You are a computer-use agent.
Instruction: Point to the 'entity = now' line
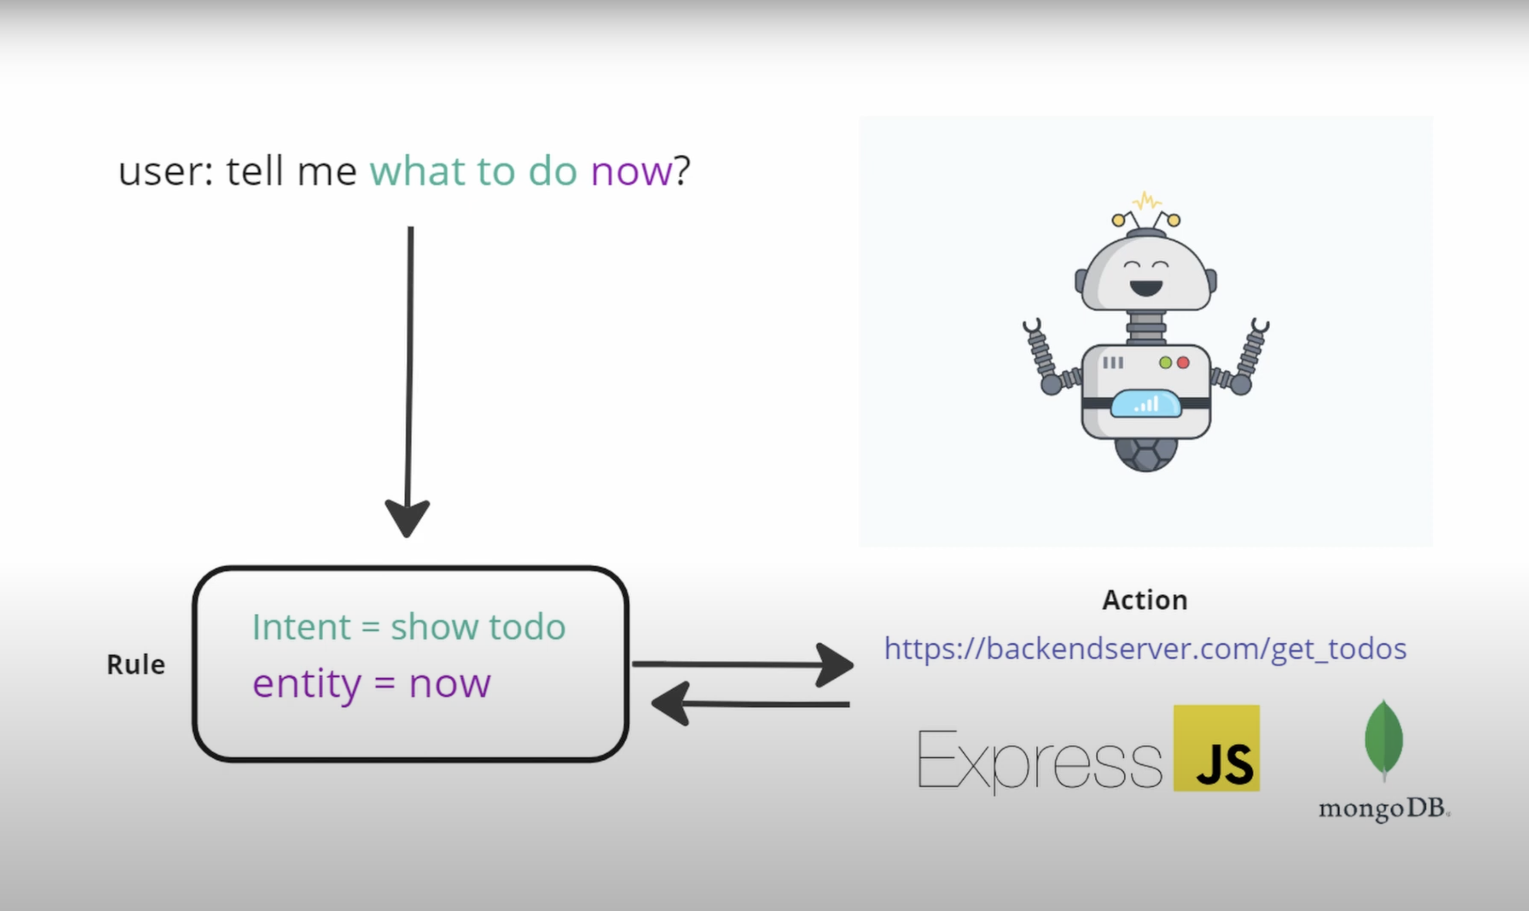tap(372, 684)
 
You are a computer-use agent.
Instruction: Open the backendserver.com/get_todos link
tap(1145, 648)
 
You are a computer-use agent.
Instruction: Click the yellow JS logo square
tap(1216, 747)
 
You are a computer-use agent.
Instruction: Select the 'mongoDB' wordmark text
tap(1383, 809)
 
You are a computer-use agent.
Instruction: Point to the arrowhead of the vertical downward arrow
tap(407, 517)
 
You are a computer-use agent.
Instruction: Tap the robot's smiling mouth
tap(1146, 287)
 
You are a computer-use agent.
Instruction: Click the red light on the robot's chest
tap(1183, 363)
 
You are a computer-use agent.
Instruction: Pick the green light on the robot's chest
tap(1165, 363)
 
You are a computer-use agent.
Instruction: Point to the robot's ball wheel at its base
tap(1146, 455)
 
